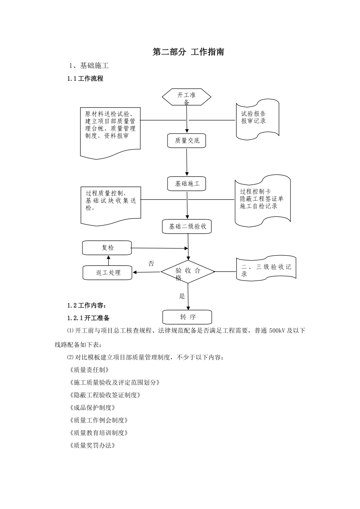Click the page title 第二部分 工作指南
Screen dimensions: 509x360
(x=188, y=52)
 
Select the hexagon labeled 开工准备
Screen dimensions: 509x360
(x=186, y=97)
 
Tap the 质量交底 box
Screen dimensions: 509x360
(x=187, y=141)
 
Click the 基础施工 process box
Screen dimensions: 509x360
(x=187, y=184)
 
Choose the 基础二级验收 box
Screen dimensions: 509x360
(x=187, y=226)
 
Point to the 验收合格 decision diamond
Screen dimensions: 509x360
(x=188, y=272)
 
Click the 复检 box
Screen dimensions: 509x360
(x=107, y=248)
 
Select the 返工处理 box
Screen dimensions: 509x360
(x=108, y=273)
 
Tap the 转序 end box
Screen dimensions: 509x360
(x=188, y=317)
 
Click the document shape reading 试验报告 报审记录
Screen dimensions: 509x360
(x=257, y=118)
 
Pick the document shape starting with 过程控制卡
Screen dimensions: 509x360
(x=262, y=200)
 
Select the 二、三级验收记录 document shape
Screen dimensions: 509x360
(x=266, y=269)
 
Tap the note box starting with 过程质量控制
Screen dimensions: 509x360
(x=111, y=202)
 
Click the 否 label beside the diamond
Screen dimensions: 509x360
(x=151, y=264)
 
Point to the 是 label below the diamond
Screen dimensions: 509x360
(x=182, y=296)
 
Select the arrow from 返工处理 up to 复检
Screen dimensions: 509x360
(x=108, y=260)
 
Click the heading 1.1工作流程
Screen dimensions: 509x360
(x=85, y=79)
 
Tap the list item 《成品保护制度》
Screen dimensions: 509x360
(x=92, y=408)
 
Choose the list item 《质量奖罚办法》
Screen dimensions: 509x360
(x=92, y=445)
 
